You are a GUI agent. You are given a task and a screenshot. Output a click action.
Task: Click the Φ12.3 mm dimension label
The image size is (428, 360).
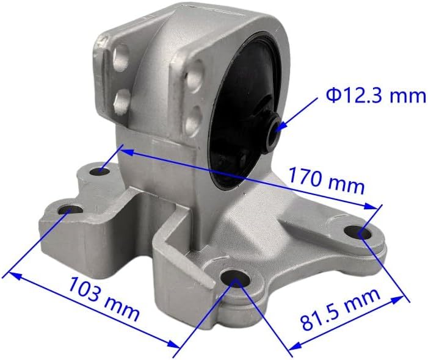(376, 96)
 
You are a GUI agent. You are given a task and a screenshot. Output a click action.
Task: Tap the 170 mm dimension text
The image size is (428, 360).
(326, 180)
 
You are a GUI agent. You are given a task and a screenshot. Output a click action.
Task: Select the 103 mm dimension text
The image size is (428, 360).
(104, 298)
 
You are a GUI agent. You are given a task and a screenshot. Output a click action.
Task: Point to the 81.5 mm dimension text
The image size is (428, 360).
(341, 309)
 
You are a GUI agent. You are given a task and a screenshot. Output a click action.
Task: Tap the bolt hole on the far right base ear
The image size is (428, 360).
(358, 233)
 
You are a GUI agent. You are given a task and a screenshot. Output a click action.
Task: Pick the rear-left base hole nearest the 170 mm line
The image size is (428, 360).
(100, 171)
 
